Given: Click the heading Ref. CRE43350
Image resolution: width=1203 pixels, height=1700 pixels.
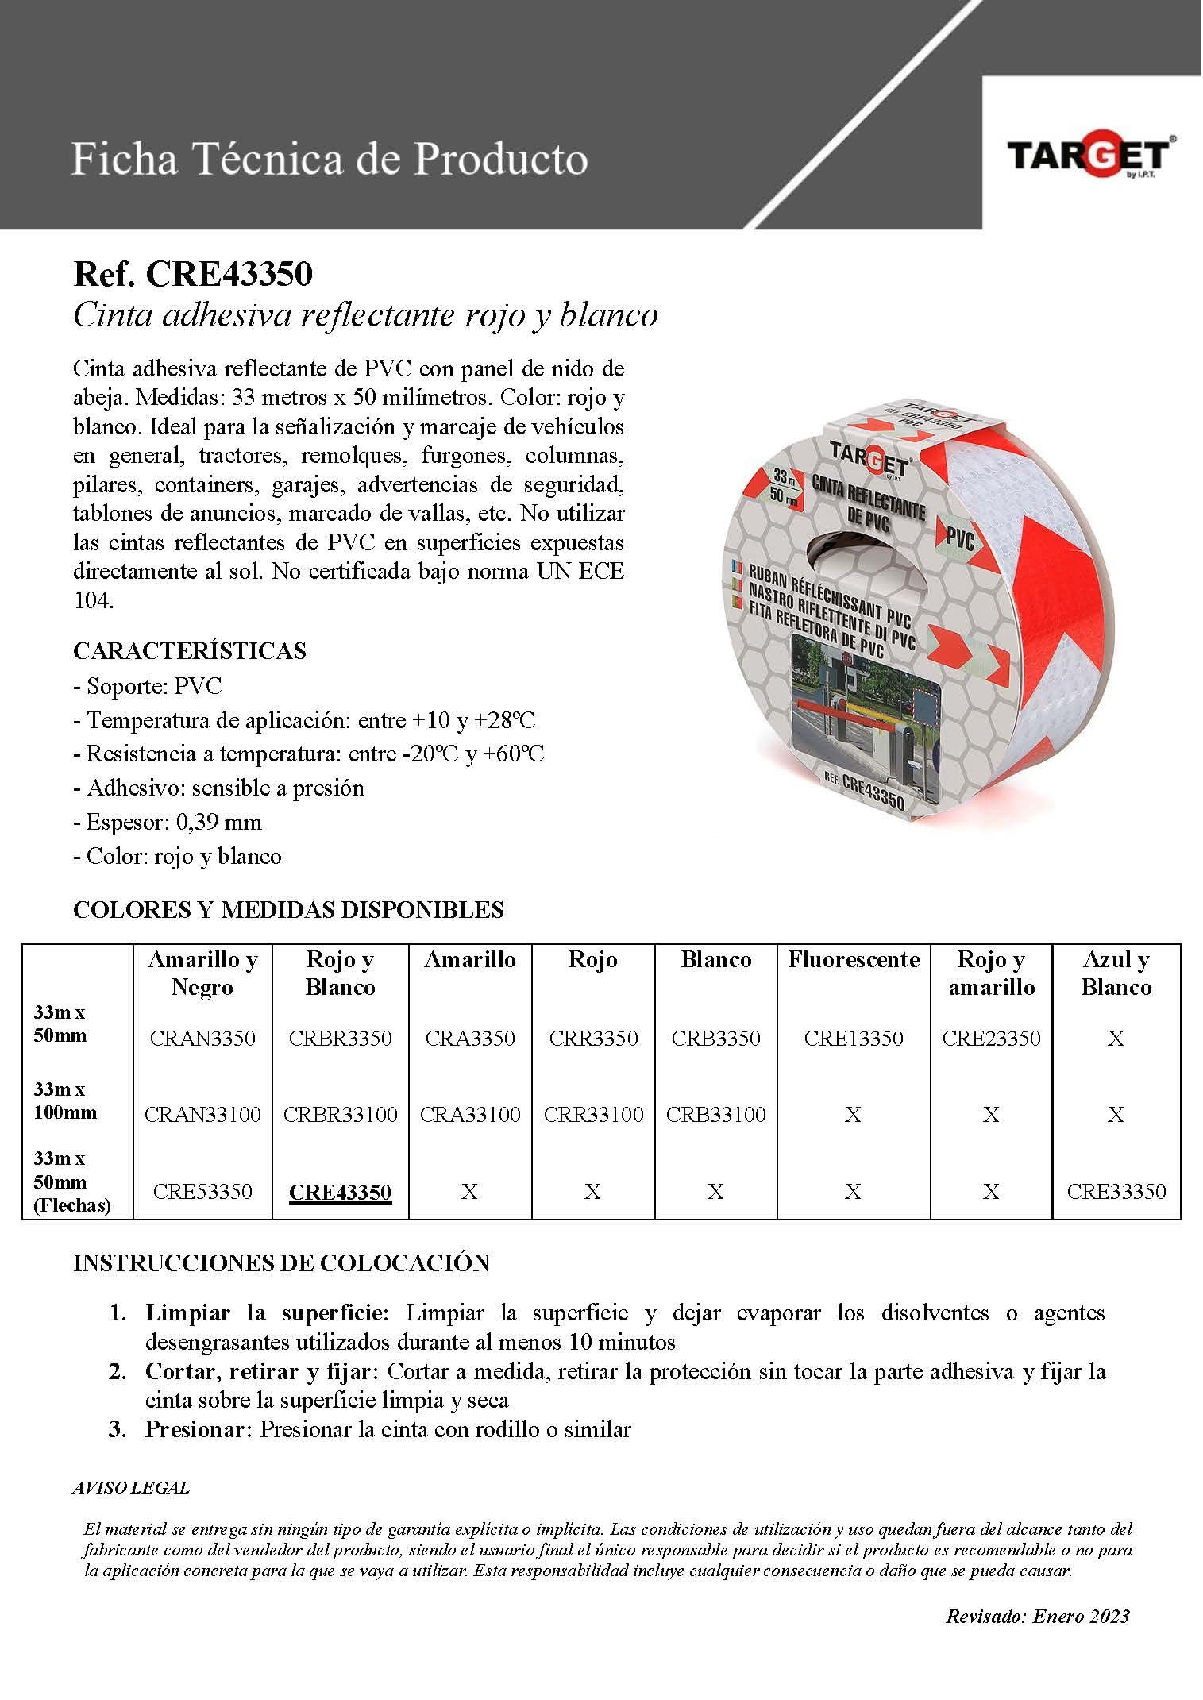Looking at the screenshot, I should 193,275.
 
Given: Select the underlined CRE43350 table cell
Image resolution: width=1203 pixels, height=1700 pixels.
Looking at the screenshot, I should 340,1192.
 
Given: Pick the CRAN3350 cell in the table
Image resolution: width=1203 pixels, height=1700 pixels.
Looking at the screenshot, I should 202,1038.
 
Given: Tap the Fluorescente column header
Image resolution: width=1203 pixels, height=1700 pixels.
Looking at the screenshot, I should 854,960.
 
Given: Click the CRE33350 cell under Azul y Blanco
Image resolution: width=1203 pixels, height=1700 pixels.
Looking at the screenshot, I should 1116,1191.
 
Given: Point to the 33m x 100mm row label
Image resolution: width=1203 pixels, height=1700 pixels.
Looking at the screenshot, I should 65,1101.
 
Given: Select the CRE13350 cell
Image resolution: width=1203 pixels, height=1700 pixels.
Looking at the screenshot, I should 854,1038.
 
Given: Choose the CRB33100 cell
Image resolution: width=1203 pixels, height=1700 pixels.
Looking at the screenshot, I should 715,1114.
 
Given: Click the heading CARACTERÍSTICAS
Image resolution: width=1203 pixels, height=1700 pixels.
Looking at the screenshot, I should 190,651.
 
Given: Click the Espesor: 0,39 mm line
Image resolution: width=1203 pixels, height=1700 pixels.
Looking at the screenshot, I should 168,822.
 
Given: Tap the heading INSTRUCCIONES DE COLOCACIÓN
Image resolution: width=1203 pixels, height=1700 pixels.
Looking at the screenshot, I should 281,1263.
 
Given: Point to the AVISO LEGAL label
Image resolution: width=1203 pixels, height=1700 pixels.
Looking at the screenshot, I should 131,1488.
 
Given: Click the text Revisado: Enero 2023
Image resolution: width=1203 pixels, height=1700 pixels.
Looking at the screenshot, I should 1037,1616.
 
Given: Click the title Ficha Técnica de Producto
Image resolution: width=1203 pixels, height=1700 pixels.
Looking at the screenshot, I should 330,159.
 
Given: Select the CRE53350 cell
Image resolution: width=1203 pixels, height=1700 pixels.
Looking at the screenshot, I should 202,1191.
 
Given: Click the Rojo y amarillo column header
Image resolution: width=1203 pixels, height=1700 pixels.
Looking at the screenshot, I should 991,973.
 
